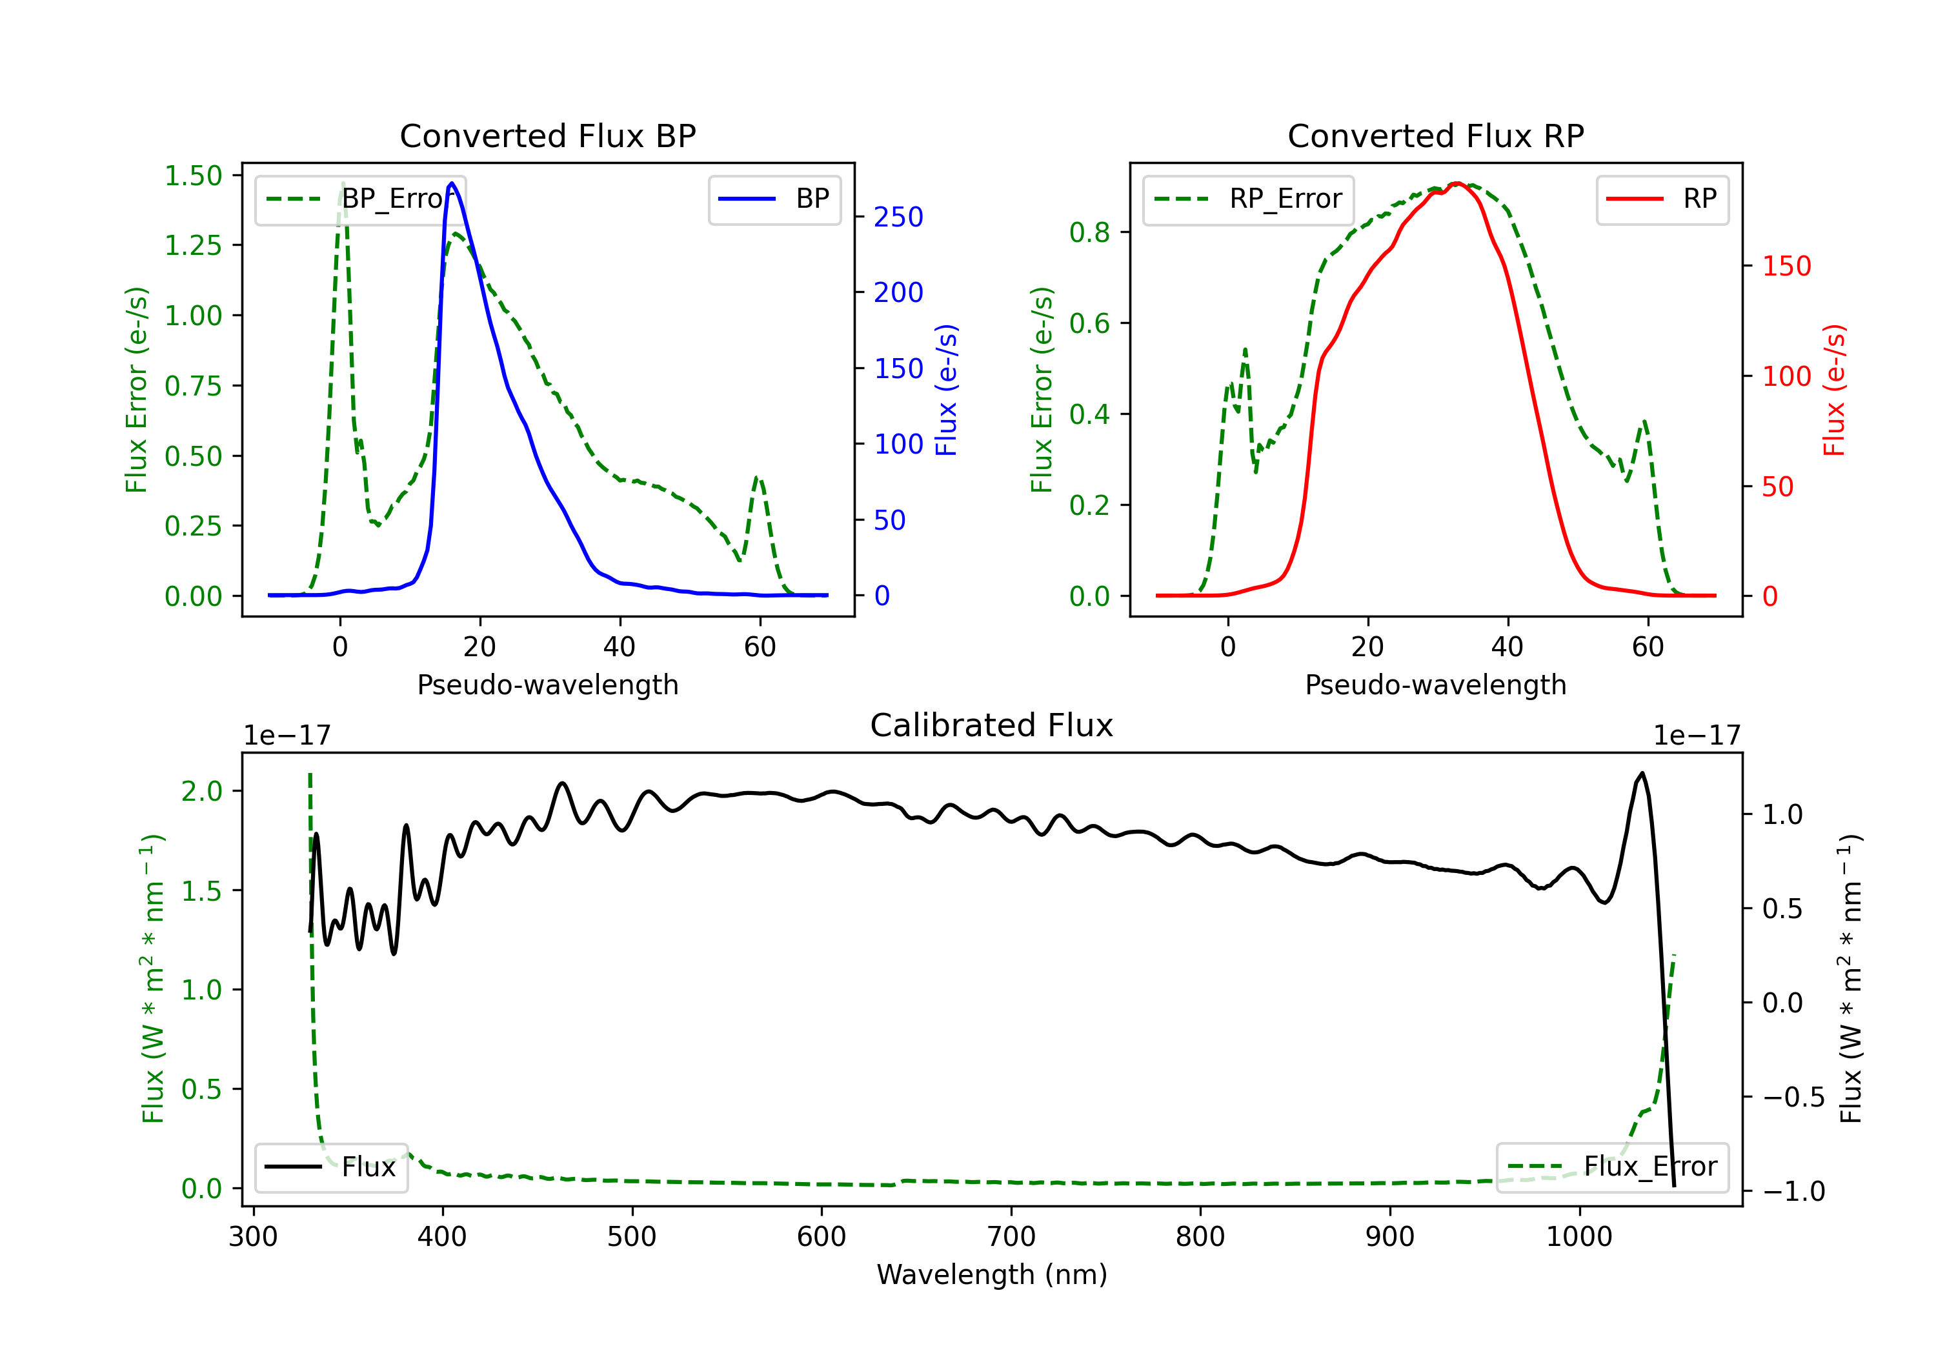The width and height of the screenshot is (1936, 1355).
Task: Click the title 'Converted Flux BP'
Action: (547, 135)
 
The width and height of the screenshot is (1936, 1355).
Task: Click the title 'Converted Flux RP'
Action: (1435, 135)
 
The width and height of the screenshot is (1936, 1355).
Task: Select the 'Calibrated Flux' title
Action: (992, 725)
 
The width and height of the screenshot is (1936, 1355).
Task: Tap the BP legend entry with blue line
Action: (774, 199)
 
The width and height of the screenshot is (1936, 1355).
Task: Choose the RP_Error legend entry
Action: (1248, 199)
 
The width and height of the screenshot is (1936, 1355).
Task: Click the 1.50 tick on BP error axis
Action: (193, 176)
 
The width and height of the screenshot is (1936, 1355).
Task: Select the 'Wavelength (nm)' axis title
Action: (992, 1274)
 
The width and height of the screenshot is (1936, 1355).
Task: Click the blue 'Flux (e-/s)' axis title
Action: (946, 390)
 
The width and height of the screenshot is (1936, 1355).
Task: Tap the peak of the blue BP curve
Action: (452, 183)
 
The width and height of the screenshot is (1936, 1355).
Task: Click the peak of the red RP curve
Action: (1457, 183)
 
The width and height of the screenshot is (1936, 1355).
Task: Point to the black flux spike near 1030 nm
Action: (1642, 773)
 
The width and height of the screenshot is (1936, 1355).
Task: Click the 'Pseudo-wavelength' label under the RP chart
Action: (1435, 685)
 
